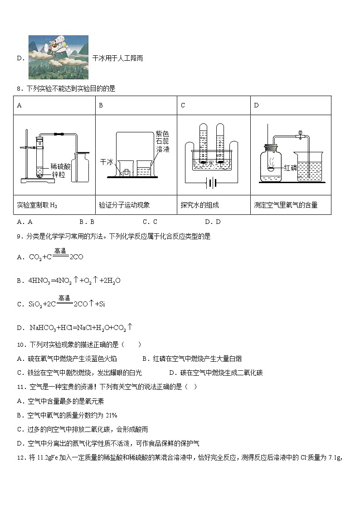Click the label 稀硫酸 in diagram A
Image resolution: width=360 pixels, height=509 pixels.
[60, 166]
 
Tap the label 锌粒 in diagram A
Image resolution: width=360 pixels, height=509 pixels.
[58, 174]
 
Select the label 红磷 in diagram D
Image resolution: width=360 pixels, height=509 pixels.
[291, 168]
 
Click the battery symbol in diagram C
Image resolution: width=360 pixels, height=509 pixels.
[211, 183]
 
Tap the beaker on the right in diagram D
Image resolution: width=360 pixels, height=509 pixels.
[309, 167]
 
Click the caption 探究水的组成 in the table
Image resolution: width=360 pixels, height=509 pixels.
[199, 205]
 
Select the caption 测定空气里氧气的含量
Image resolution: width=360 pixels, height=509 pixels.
[286, 205]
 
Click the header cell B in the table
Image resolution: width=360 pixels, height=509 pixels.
[101, 106]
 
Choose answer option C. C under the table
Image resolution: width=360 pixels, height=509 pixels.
[150, 222]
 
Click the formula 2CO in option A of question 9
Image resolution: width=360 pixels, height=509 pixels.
[76, 257]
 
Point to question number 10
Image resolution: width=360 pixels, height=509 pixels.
[20, 345]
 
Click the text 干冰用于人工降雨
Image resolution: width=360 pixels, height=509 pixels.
[117, 58]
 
